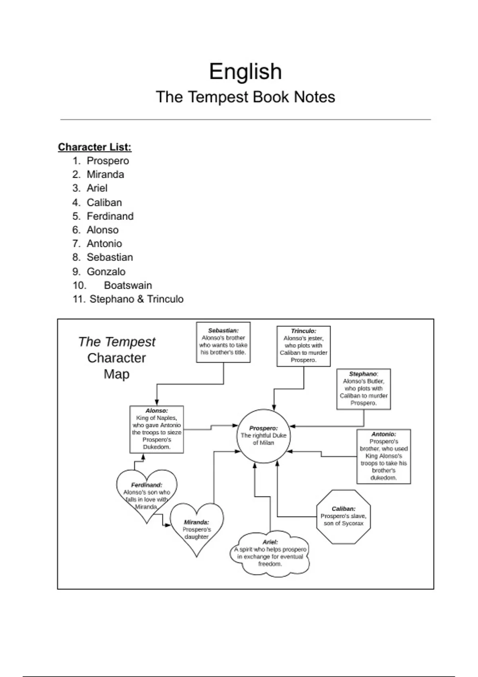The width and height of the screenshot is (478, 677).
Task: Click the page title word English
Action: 245,72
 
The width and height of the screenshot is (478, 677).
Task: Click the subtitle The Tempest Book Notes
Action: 245,97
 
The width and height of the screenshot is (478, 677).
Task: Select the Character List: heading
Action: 95,147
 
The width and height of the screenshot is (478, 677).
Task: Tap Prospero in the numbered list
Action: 108,161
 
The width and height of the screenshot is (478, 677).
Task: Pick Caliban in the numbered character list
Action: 104,202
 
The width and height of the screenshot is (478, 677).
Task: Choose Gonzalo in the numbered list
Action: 106,272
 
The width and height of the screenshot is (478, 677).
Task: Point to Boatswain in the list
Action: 128,285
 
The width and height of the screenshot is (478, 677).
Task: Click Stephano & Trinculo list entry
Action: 136,299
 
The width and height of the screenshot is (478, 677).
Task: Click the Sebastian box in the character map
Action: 223,342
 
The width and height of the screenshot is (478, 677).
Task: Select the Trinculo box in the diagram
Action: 304,346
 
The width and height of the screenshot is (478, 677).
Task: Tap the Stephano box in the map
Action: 363,389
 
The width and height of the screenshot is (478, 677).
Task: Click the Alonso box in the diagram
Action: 157,429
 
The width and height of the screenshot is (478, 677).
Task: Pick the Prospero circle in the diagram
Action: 263,436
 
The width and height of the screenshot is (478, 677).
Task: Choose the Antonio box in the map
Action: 384,456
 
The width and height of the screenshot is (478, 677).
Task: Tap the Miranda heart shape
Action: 196,528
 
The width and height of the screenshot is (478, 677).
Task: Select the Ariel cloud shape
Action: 270,553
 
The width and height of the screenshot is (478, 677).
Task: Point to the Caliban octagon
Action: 343,517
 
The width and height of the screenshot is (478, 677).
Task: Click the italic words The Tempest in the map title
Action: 117,342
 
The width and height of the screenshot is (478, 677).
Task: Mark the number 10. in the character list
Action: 79,285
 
